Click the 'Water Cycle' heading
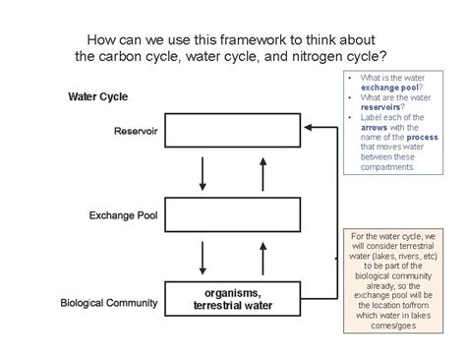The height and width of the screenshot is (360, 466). pos(98,96)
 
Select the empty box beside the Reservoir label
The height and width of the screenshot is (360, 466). pos(231,130)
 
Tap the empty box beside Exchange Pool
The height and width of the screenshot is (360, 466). pos(231,212)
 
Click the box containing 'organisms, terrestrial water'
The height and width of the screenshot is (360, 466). pos(231,298)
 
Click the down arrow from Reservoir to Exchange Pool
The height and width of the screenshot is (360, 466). pos(203,171)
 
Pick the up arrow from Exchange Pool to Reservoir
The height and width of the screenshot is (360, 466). pos(262,171)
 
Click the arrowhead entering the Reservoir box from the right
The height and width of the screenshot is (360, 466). pos(309,127)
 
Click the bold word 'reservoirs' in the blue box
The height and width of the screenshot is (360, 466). pos(375,108)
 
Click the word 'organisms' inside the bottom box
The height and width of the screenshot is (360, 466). pos(231,292)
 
